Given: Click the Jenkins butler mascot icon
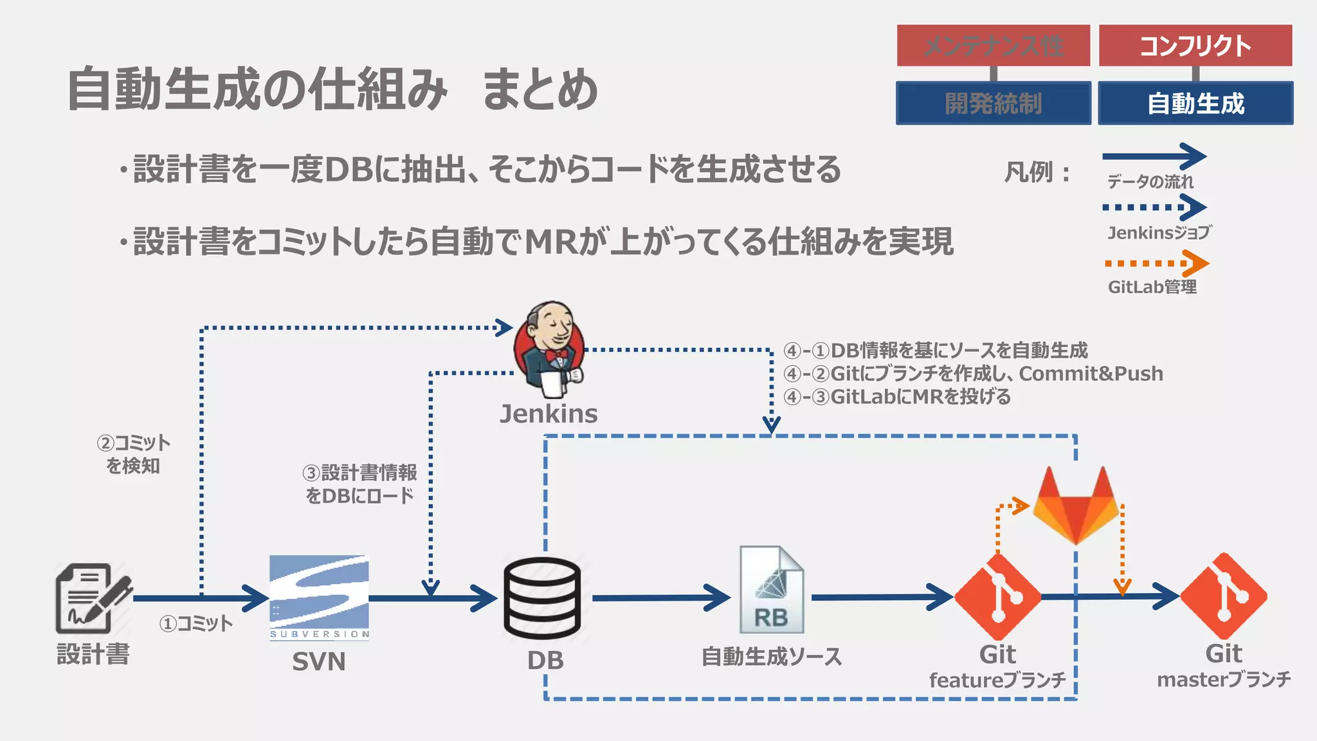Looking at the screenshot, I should [x=550, y=351].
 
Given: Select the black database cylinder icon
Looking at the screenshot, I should [x=542, y=598].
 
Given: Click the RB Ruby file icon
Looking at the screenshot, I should [x=771, y=590].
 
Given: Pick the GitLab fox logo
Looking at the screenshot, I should [x=1076, y=505].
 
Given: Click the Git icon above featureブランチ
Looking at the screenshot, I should [x=997, y=596].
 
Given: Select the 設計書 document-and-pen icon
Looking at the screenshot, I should [x=93, y=598].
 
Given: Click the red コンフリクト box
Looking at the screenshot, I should [x=1195, y=46].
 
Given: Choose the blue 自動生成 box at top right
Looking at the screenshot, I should [x=1195, y=103].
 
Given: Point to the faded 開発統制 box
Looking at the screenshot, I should [x=994, y=103].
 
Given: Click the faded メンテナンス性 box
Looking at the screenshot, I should [x=994, y=46].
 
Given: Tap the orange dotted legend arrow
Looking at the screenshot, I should [x=1156, y=264].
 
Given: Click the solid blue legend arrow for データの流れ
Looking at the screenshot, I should [x=1154, y=156].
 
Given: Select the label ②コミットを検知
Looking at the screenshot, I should [x=133, y=454].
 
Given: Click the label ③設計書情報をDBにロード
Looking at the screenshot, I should [x=360, y=484].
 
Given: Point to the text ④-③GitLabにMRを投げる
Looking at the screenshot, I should [x=897, y=397].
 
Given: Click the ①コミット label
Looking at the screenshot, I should [x=196, y=623].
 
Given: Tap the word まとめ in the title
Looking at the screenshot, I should [x=540, y=89].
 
